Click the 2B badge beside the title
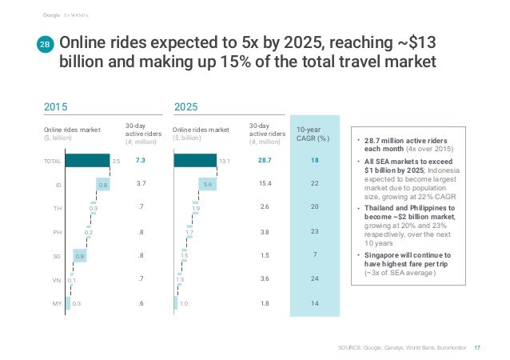[x=46, y=47]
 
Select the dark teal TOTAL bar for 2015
[x=86, y=161]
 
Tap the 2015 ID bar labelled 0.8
[x=102, y=184]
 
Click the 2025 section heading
[x=186, y=106]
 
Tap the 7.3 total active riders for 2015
[x=140, y=161]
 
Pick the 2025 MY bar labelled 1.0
[x=176, y=304]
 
